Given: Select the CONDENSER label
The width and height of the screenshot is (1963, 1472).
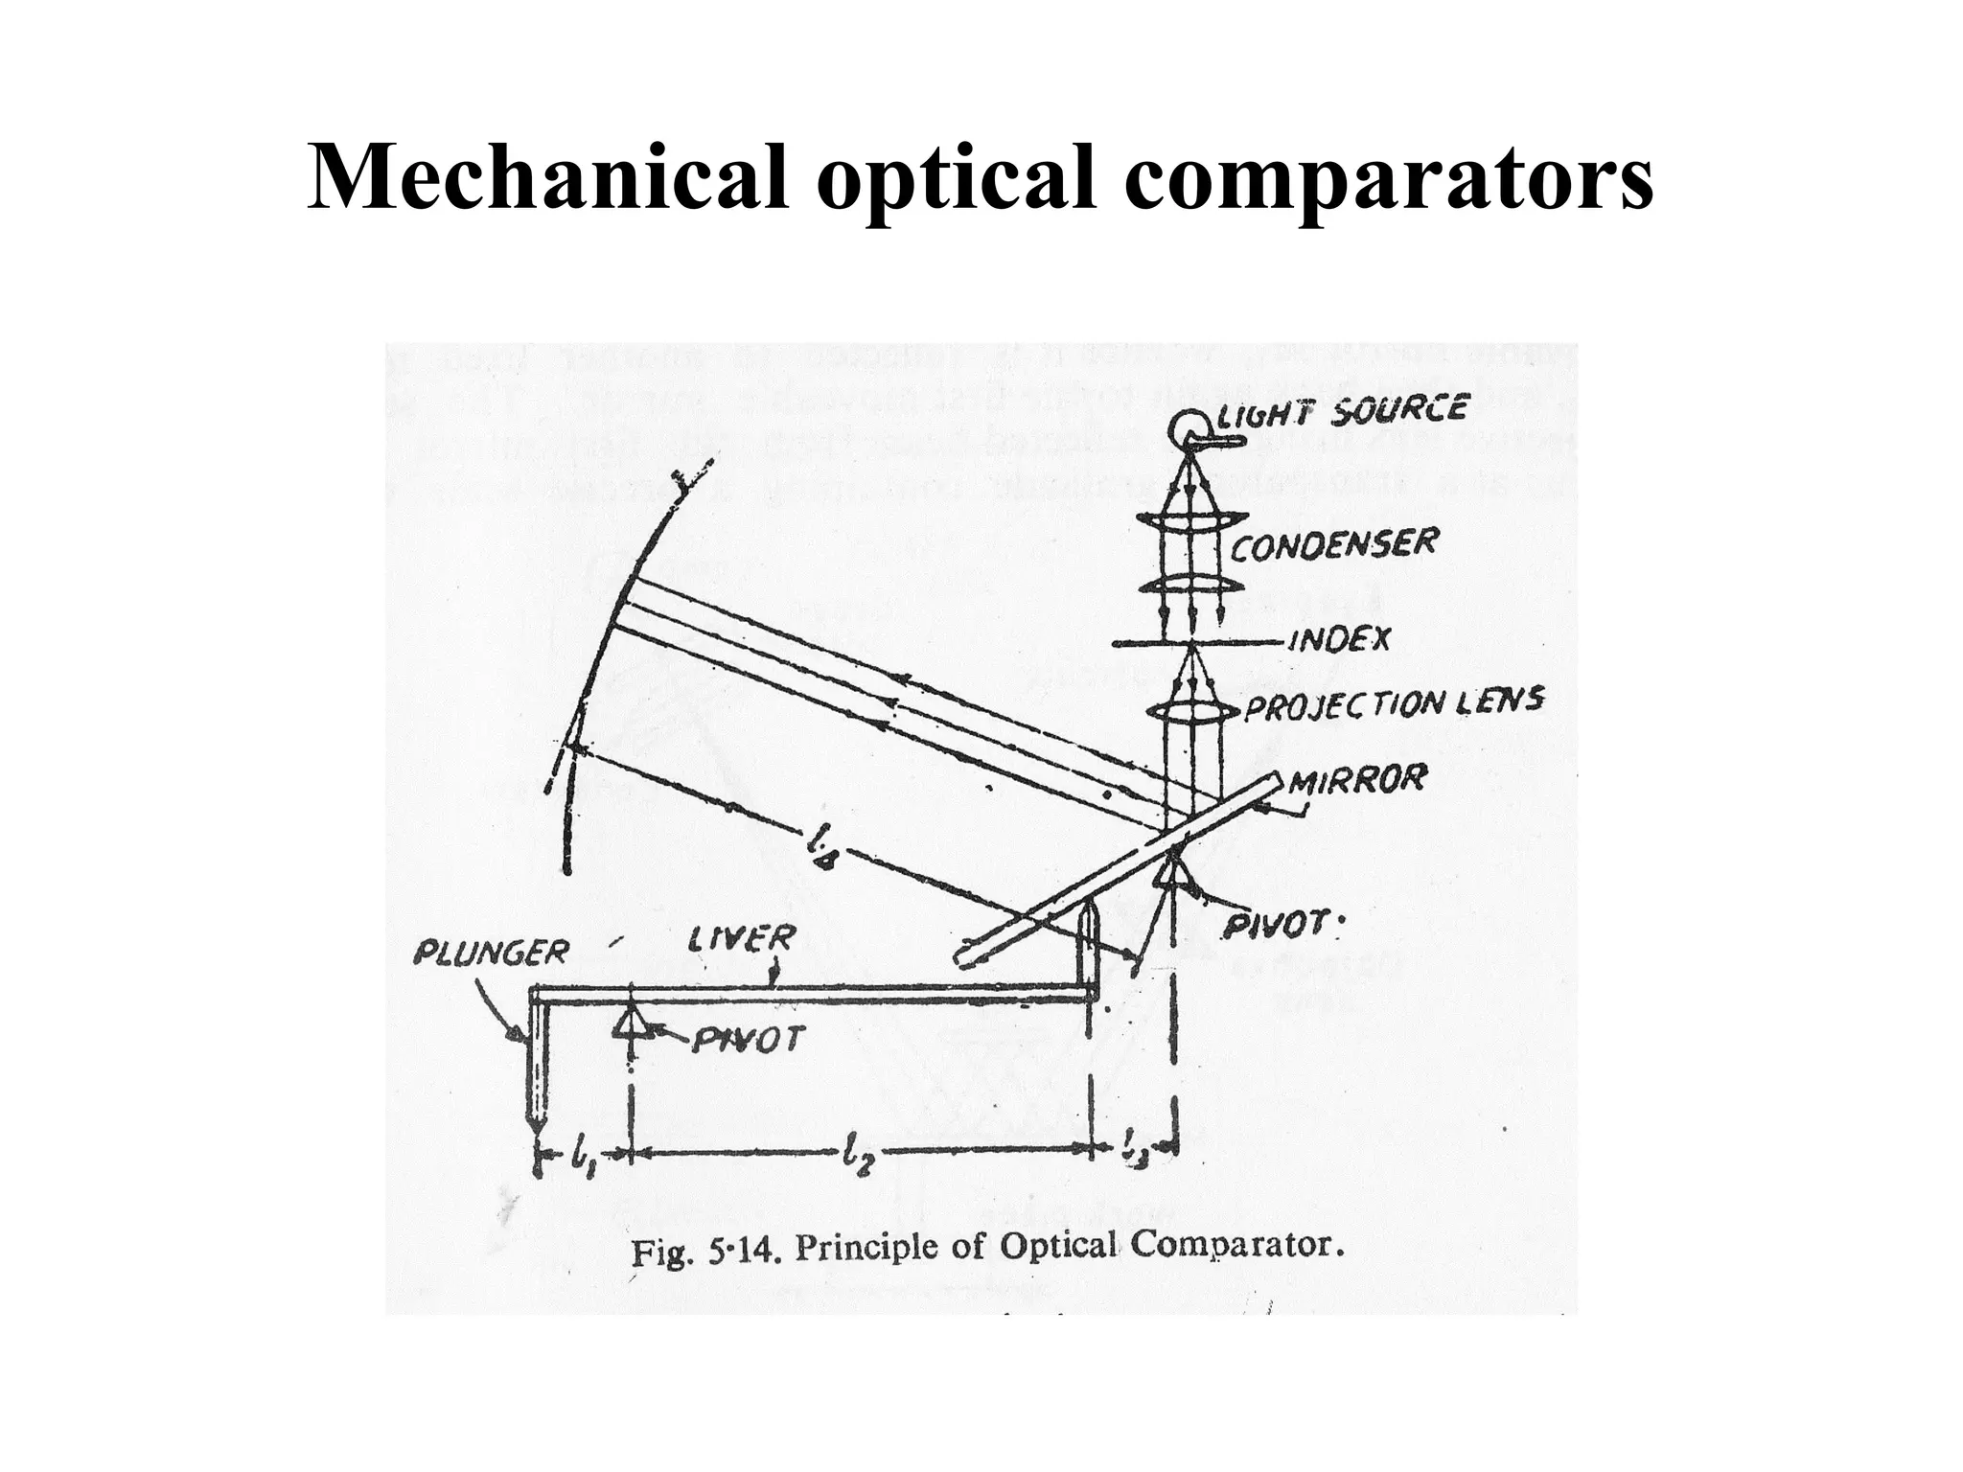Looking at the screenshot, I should (x=1333, y=546).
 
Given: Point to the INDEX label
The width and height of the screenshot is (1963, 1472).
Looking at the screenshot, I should (x=1338, y=640).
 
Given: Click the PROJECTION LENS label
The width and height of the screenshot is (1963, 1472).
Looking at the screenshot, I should (x=1394, y=705).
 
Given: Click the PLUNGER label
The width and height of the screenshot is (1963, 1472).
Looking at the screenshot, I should (x=491, y=953).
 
